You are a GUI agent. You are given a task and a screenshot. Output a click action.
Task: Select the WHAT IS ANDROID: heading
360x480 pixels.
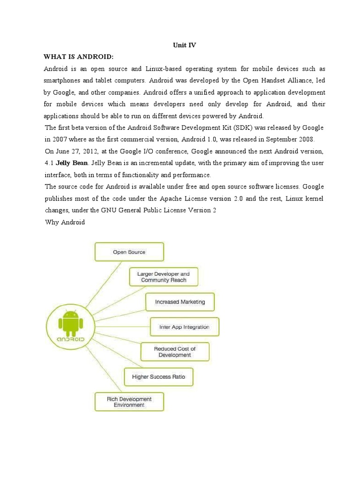(79, 57)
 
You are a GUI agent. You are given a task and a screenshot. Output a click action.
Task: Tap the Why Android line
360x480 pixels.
(65, 222)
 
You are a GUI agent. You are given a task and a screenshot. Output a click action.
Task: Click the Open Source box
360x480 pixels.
(129, 252)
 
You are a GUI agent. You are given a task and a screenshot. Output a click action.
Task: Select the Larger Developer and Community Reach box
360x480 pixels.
(164, 277)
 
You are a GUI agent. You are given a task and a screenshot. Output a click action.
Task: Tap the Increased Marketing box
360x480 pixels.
(180, 302)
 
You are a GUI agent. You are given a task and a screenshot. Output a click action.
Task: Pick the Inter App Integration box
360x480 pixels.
(184, 327)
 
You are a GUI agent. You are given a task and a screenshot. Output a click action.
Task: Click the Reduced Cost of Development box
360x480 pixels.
(175, 352)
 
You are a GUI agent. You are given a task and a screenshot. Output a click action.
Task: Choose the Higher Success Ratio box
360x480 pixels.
(158, 376)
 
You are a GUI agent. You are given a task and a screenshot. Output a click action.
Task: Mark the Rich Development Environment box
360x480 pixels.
(129, 402)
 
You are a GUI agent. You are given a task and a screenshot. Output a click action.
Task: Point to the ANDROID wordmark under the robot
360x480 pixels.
(70, 338)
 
